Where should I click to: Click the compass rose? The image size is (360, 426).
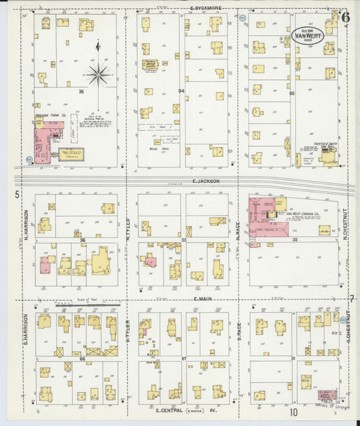99,74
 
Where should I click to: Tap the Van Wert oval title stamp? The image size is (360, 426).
307,35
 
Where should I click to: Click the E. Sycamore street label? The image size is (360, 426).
202,9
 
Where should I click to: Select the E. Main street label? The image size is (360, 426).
202,298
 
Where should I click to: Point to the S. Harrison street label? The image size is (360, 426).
25,327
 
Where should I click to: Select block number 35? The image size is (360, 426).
81,90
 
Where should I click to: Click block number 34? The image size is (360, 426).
180,90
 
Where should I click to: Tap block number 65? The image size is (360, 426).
292,93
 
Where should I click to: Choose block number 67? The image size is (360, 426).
184,359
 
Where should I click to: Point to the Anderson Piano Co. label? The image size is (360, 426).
50,115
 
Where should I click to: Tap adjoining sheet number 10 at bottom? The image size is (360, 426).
294,412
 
